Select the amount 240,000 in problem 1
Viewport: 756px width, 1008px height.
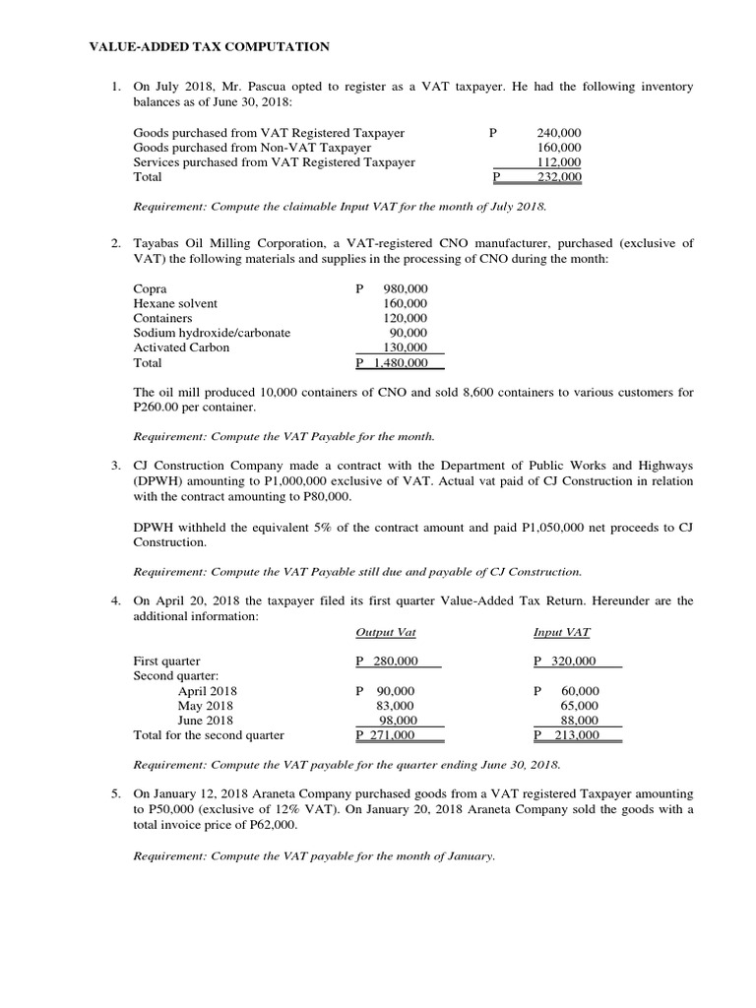(x=558, y=133)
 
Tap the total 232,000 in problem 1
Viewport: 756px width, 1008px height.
(x=558, y=177)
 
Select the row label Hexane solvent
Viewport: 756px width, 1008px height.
(x=175, y=304)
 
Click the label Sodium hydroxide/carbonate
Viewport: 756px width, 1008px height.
(x=212, y=333)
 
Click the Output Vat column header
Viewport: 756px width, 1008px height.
(x=384, y=632)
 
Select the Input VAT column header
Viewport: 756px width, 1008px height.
(x=561, y=632)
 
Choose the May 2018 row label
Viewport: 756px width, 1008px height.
(x=205, y=706)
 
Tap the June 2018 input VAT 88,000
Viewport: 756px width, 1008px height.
(x=579, y=721)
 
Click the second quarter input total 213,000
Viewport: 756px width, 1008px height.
(x=570, y=735)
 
